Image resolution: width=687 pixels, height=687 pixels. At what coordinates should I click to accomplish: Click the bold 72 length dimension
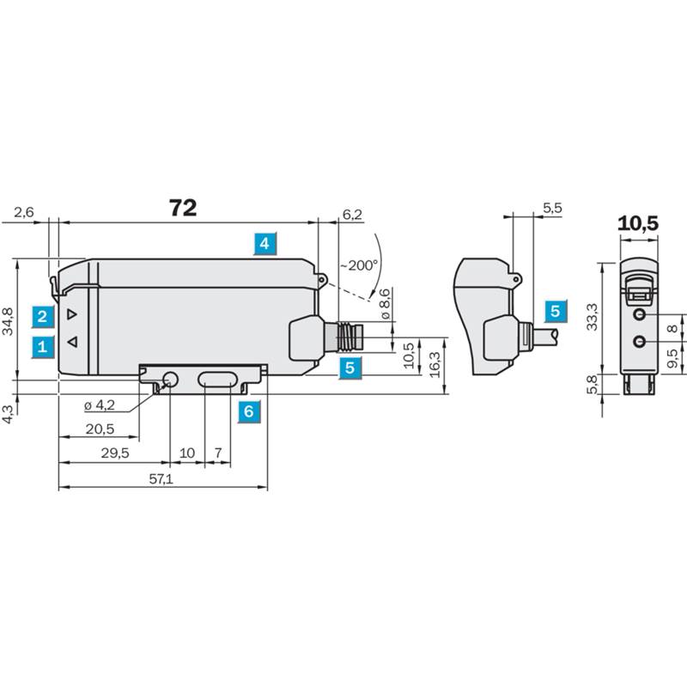click(183, 208)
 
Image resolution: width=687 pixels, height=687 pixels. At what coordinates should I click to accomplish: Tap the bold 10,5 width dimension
click(638, 223)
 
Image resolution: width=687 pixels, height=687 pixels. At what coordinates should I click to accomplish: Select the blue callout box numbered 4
click(264, 243)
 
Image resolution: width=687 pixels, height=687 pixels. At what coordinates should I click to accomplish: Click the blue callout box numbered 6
click(248, 411)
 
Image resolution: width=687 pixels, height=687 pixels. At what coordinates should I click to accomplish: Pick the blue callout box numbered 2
click(42, 317)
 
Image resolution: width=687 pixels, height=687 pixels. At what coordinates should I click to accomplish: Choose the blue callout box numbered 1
click(42, 347)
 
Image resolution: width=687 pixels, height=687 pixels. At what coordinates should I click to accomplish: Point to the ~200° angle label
click(359, 265)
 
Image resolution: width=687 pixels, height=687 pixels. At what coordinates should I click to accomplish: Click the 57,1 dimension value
click(161, 479)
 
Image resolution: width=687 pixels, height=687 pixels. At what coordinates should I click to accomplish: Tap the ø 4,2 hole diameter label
click(100, 405)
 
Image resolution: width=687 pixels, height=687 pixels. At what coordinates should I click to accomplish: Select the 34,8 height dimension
click(8, 321)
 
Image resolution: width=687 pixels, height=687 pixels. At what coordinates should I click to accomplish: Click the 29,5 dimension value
click(115, 453)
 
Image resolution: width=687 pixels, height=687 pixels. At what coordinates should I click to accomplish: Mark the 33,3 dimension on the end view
click(592, 317)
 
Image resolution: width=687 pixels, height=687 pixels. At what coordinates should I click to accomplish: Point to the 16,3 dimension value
click(435, 364)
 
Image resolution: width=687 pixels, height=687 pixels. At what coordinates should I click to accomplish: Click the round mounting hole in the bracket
click(170, 380)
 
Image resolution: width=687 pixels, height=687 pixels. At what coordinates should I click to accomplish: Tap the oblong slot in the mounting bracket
click(217, 380)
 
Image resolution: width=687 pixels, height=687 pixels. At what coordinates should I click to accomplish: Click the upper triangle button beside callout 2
click(72, 314)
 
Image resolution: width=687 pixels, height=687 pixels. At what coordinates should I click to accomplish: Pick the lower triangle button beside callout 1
click(72, 342)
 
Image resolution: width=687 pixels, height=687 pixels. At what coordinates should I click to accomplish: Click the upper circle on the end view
click(640, 314)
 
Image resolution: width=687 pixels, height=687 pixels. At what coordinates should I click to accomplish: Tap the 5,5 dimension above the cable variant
click(552, 208)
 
